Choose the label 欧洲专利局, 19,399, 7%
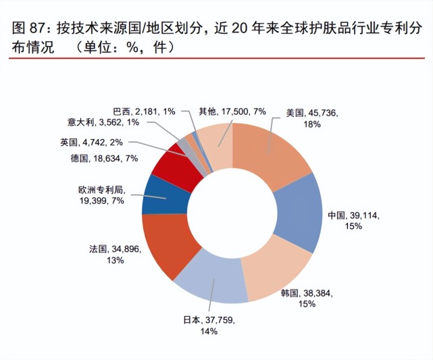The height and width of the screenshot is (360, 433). [99, 197]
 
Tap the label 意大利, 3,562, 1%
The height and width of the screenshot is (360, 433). [103, 122]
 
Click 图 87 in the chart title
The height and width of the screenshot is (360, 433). [26, 29]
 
